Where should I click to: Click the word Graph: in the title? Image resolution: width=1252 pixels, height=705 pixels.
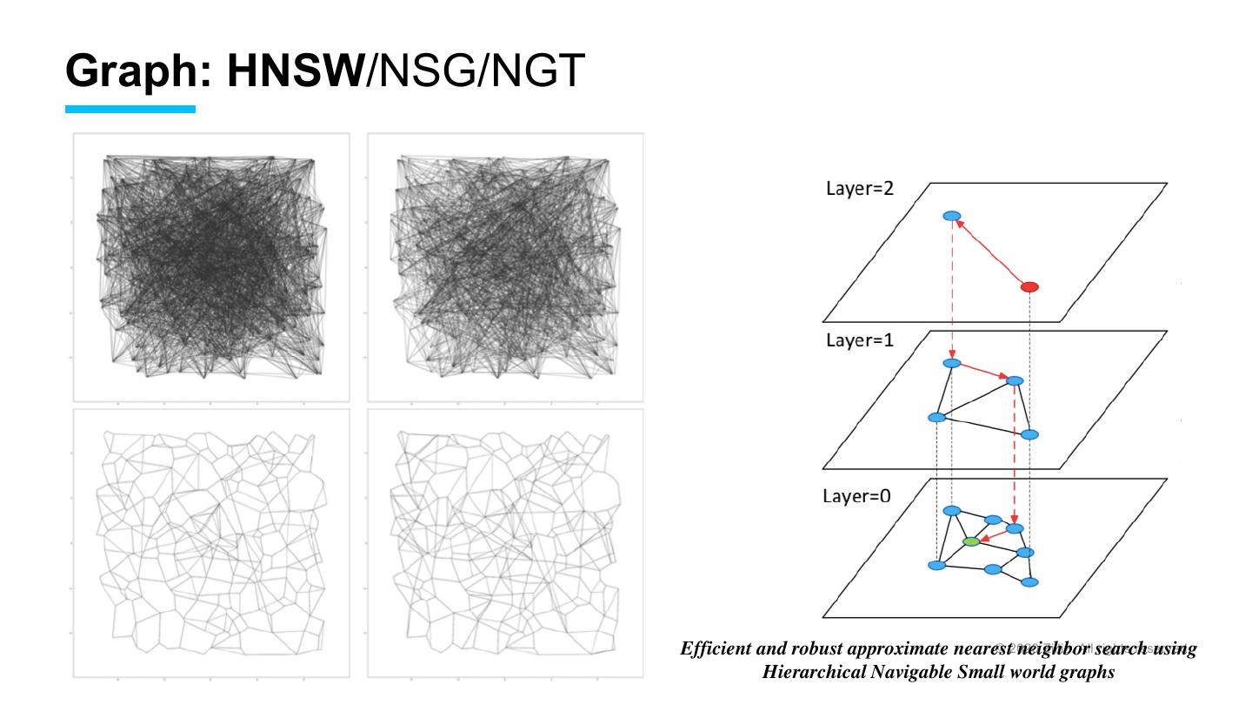[139, 71]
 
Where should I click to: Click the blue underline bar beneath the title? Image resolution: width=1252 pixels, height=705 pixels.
[130, 110]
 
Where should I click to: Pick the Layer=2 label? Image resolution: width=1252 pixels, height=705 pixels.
[859, 190]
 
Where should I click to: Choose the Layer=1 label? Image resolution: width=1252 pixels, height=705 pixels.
[859, 340]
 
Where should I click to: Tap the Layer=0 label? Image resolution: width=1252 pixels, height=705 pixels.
[856, 496]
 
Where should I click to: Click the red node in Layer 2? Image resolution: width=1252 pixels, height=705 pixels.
[1029, 286]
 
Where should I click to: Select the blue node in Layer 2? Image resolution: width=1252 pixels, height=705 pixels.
[952, 216]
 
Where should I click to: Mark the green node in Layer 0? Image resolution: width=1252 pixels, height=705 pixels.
[971, 541]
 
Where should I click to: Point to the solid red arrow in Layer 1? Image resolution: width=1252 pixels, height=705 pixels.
[983, 372]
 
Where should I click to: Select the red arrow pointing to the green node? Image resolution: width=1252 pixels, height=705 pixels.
[994, 535]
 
